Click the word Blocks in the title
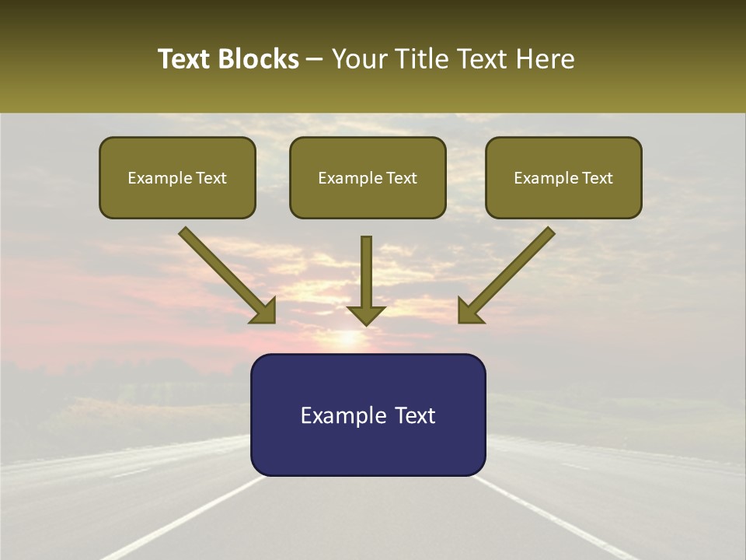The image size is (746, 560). coord(259,59)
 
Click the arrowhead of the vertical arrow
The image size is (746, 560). coord(366,314)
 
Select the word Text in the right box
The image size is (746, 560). coord(598,178)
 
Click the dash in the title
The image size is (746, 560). coord(315,60)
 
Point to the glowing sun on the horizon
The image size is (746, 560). coord(347,339)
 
